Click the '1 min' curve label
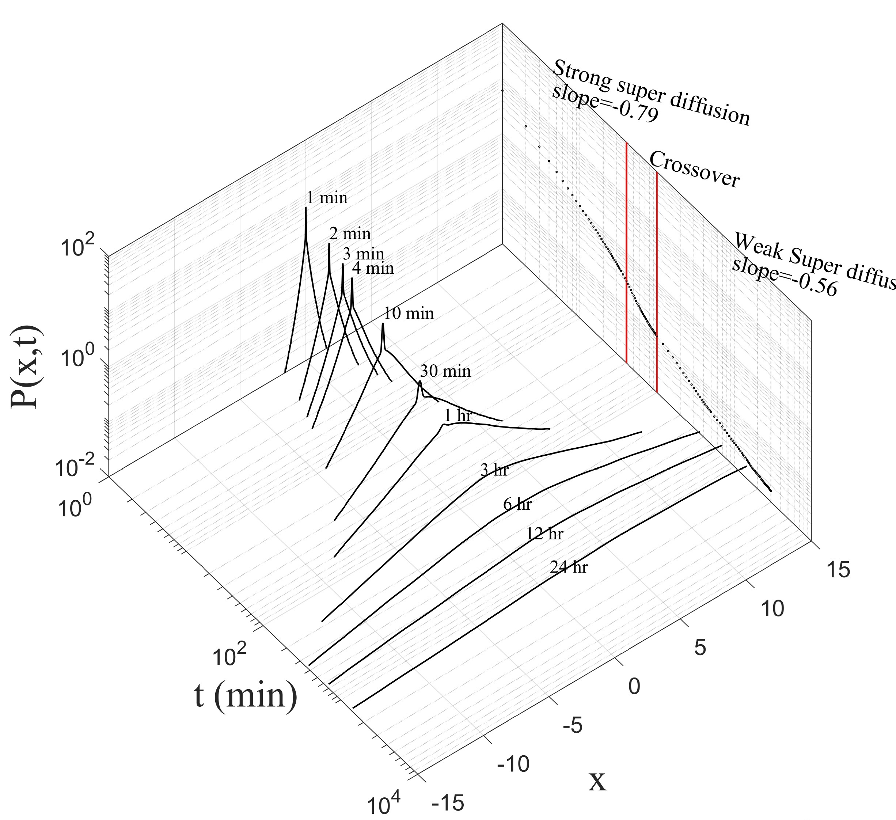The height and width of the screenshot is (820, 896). [x=327, y=197]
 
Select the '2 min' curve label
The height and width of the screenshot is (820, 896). [x=350, y=234]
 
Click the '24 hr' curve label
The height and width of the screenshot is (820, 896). [x=569, y=567]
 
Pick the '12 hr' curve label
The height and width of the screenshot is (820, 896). [x=544, y=534]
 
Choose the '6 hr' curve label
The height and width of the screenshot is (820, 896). [x=517, y=504]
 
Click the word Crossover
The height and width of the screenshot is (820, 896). [x=694, y=169]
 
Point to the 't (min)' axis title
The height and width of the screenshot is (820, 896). [x=246, y=695]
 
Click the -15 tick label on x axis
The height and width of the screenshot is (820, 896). [x=448, y=803]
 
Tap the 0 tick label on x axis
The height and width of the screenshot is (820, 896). [x=634, y=686]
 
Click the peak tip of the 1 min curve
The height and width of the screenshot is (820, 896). [x=306, y=208]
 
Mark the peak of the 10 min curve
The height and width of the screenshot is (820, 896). [x=383, y=324]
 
